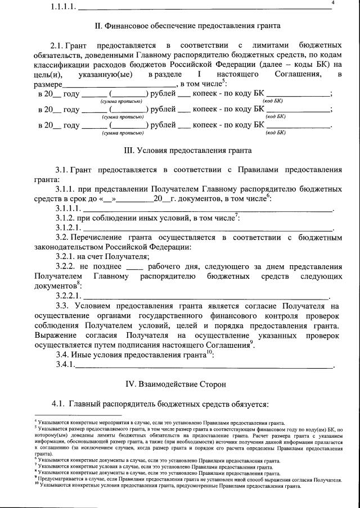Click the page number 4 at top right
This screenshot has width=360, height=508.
333,3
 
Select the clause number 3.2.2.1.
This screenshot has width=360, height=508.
68,296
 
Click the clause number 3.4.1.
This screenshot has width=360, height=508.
65,366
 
